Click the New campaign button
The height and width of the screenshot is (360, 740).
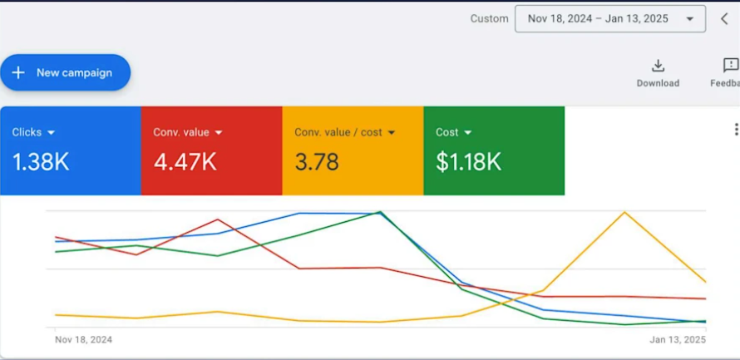tap(66, 73)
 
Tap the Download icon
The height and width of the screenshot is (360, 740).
tap(658, 66)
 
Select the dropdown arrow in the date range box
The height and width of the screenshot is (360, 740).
tap(690, 19)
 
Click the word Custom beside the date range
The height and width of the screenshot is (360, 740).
tap(489, 18)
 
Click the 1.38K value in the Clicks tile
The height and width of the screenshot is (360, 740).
tap(41, 162)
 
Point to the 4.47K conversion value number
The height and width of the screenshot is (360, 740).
tap(185, 162)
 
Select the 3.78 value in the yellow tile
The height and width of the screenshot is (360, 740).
tap(317, 162)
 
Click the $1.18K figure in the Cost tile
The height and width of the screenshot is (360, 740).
tap(468, 162)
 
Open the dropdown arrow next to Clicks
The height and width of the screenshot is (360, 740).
tap(52, 132)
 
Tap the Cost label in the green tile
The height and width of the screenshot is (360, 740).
tap(446, 132)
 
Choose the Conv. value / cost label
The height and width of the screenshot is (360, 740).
tap(338, 132)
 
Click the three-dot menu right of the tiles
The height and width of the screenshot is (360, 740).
tap(735, 130)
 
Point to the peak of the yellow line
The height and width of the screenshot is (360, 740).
tap(624, 212)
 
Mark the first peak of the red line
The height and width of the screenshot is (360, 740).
tap(218, 219)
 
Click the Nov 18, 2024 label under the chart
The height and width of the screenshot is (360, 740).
tap(83, 340)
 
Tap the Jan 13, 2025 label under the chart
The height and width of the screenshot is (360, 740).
tap(678, 340)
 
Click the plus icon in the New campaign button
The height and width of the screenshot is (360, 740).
tap(18, 73)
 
